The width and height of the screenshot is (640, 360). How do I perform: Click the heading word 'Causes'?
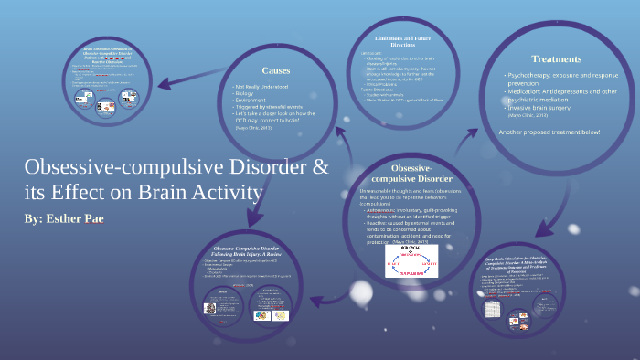[x=277, y=71]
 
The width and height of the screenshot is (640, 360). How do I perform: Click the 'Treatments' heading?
[x=557, y=59]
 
